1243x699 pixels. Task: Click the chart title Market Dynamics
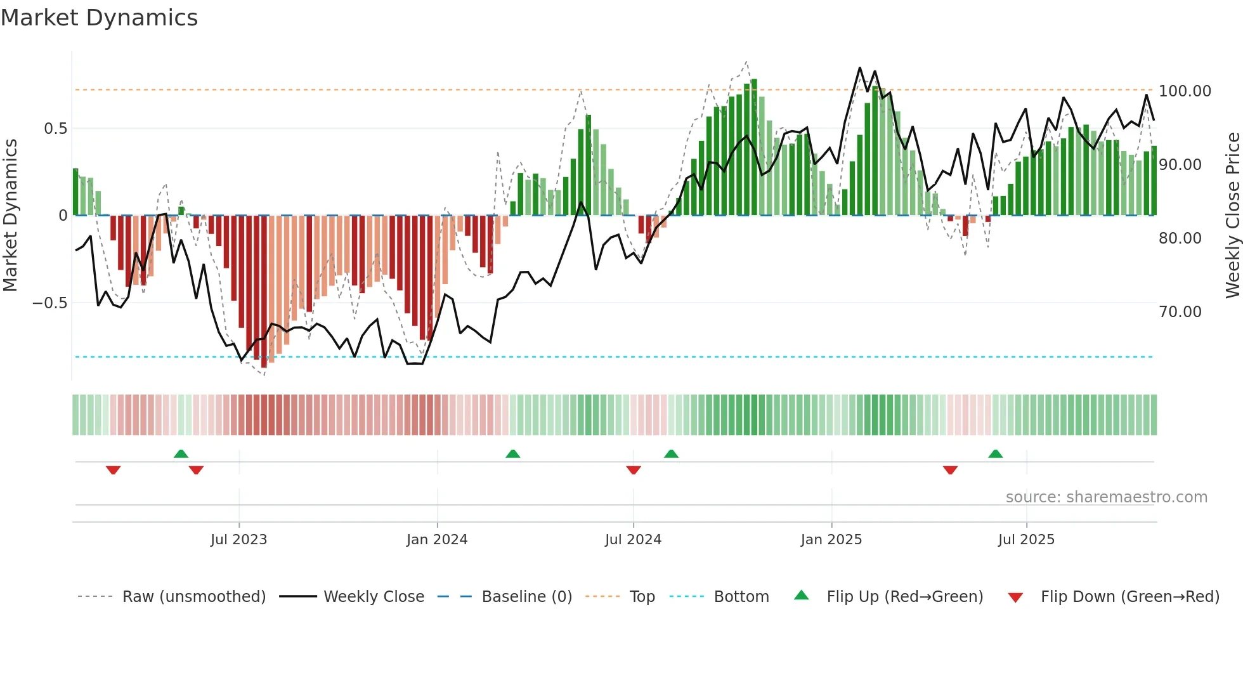point(100,18)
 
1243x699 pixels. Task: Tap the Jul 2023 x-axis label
point(238,540)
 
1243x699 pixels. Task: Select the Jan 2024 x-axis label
point(437,540)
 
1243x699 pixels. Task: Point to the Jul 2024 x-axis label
point(633,540)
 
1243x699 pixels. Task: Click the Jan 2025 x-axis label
point(831,540)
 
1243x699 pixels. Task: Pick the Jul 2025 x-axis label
point(1026,540)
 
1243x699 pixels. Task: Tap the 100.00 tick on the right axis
point(1185,91)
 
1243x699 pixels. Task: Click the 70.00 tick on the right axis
point(1180,312)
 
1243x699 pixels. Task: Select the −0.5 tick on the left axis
point(50,303)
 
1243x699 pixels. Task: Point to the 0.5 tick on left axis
point(55,129)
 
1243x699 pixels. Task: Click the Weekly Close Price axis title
point(1232,215)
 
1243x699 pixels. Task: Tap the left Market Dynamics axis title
point(10,215)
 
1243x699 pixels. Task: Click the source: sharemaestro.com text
point(1106,497)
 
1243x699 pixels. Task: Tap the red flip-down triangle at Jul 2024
point(634,470)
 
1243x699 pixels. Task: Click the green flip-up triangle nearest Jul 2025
point(996,454)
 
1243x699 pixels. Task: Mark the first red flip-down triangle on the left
point(114,470)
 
